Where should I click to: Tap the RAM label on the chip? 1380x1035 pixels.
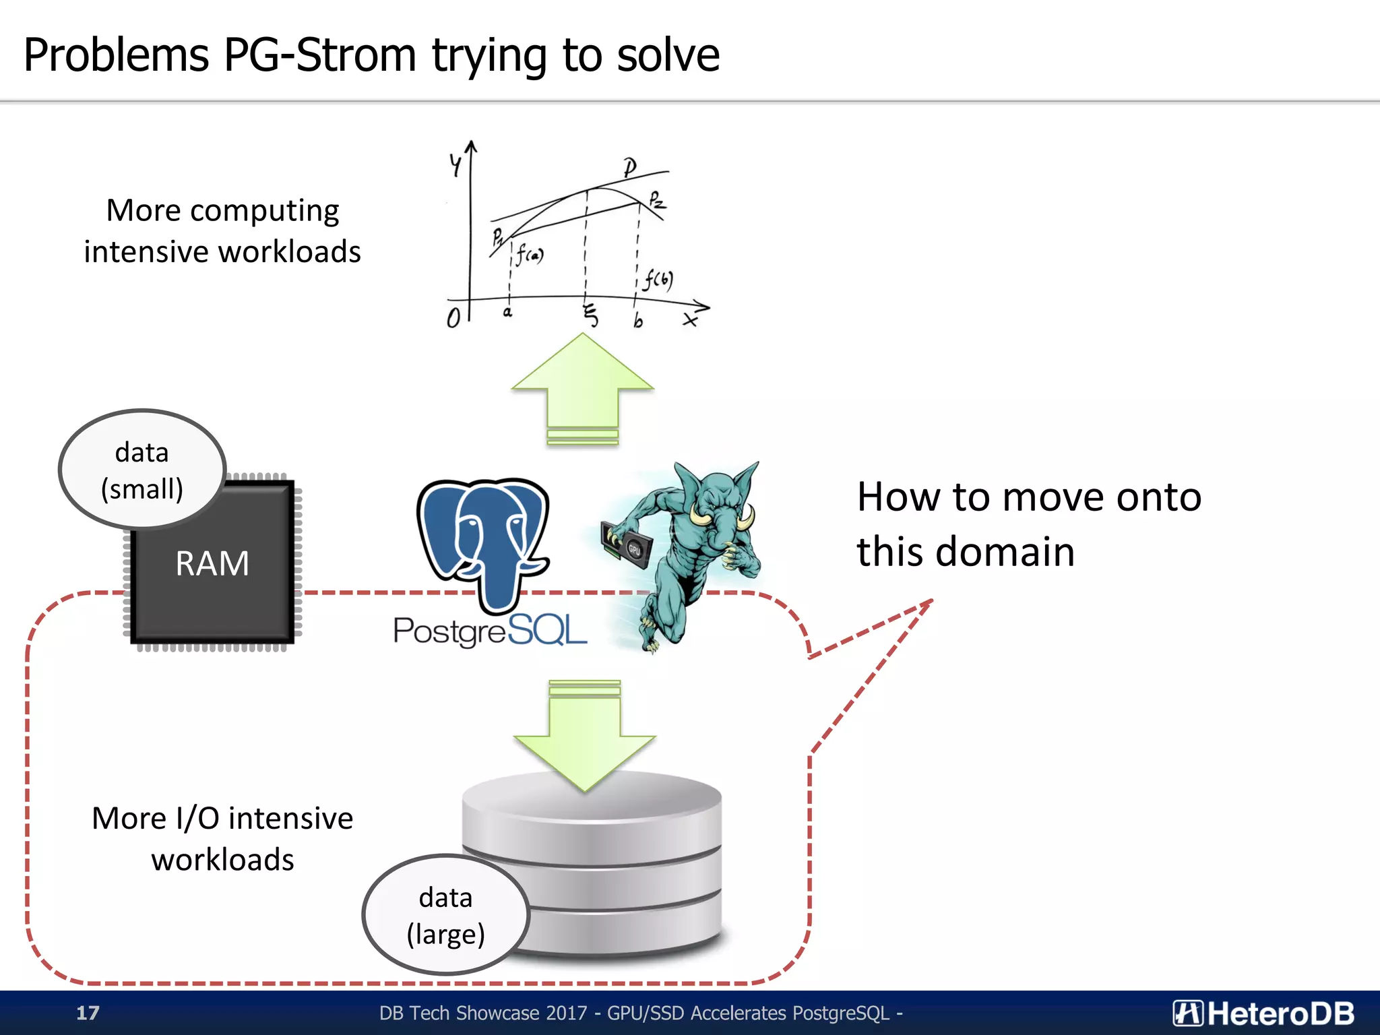[212, 563]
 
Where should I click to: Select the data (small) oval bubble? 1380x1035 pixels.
[142, 470]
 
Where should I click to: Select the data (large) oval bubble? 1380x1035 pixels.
[445, 915]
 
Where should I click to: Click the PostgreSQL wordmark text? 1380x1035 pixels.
[490, 631]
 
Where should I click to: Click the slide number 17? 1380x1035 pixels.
[88, 1013]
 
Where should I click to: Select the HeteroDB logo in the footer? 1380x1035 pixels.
[1263, 1013]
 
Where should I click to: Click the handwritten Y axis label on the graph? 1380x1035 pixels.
[456, 164]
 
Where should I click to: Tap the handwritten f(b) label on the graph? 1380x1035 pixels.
[658, 279]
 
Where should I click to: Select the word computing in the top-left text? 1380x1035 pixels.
[264, 211]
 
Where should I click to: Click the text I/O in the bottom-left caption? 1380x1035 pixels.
[197, 819]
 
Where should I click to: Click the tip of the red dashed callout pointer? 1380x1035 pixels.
[932, 600]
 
